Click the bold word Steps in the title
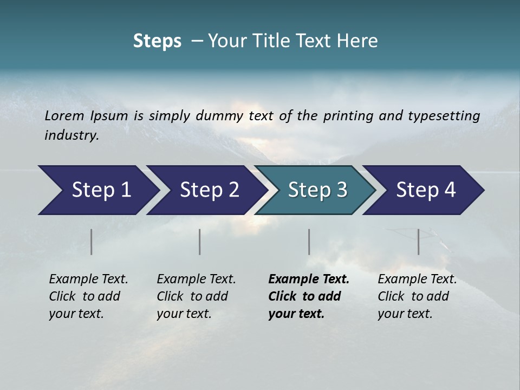pyautogui.click(x=157, y=41)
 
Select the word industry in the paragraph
pyautogui.click(x=70, y=135)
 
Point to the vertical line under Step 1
pyautogui.click(x=92, y=242)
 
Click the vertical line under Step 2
pyautogui.click(x=200, y=242)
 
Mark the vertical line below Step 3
pyautogui.click(x=309, y=242)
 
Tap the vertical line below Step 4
pyautogui.click(x=419, y=242)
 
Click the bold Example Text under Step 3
pyautogui.click(x=309, y=279)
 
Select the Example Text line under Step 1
pyautogui.click(x=88, y=279)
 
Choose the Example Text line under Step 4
pyautogui.click(x=417, y=279)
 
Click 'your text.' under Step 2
pyautogui.click(x=184, y=314)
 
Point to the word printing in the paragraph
pyautogui.click(x=347, y=116)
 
